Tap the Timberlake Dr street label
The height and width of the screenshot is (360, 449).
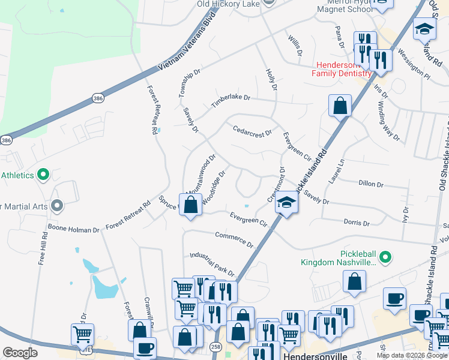[x=230, y=100]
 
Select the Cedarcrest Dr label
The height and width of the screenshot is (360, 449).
[x=252, y=130]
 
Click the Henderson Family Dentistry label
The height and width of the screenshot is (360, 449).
[x=342, y=69]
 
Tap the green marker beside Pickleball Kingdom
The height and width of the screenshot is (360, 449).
[x=385, y=258]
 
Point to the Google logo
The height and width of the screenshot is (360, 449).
[x=20, y=352]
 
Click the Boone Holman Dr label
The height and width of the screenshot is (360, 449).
[x=74, y=229]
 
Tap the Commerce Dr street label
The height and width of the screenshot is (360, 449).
[x=234, y=239]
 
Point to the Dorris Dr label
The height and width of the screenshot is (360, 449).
[x=357, y=222]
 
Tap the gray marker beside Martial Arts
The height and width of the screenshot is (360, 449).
[x=57, y=206]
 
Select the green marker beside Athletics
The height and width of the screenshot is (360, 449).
[x=43, y=175]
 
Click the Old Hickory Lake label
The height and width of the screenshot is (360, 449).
[x=228, y=4]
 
